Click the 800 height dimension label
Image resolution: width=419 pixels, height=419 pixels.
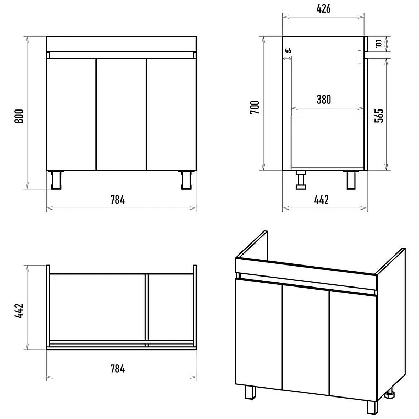19,116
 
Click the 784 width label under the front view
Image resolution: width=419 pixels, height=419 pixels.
117,200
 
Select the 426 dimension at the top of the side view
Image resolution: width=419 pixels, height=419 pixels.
324,9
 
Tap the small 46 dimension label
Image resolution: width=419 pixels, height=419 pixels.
288,50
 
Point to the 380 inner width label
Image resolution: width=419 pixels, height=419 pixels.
324,100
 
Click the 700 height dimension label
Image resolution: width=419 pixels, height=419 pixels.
255,107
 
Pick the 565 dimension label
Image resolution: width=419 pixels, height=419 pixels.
379,115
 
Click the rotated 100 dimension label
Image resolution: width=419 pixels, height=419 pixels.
379,43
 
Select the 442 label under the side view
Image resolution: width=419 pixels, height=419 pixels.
322,200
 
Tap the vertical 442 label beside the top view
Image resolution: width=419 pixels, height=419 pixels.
19,311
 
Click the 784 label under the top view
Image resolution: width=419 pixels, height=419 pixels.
117,369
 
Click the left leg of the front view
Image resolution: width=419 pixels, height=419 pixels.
56,180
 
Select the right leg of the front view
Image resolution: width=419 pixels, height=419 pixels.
186,180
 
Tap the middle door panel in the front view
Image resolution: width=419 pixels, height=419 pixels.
122,114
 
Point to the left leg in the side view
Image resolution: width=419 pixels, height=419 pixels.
301,180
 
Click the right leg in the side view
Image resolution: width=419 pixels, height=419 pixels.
351,180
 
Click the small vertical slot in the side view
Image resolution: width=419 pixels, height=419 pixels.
359,57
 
